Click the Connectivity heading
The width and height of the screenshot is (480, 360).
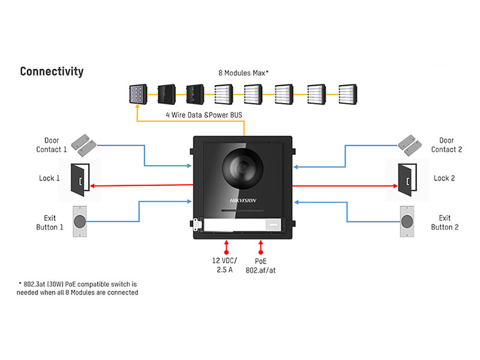point(52,71)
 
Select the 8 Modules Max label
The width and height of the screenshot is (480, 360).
point(243,73)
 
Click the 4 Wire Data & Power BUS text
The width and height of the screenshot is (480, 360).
point(203,114)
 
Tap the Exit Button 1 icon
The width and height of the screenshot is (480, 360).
point(80,221)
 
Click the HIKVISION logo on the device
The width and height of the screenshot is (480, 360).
point(242,200)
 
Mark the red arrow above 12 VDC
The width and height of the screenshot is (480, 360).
point(226,246)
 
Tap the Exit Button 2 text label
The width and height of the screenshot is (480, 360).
point(445,223)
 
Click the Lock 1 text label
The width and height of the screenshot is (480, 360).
point(50,178)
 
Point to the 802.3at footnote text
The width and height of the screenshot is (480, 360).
point(77,287)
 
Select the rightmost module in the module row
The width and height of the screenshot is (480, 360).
point(347,93)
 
